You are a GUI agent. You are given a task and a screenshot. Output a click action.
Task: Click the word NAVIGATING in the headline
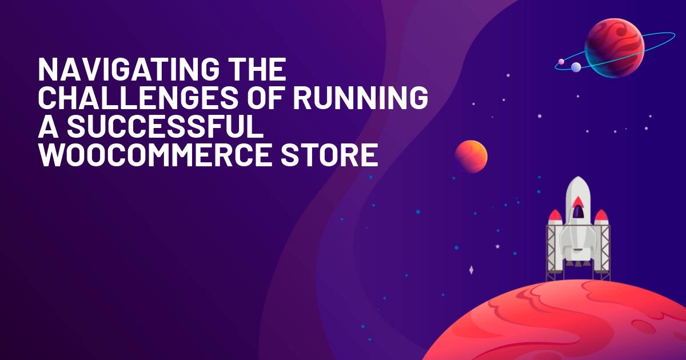[129, 70]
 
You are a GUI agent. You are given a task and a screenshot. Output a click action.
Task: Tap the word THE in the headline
[258, 70]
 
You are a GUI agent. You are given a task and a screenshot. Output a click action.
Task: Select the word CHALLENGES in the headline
[138, 98]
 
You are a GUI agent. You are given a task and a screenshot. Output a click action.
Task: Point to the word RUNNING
[361, 98]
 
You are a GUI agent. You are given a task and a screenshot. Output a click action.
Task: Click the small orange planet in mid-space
[470, 157]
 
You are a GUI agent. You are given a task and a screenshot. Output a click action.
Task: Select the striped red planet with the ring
[615, 48]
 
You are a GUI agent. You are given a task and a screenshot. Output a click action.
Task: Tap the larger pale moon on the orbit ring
[576, 67]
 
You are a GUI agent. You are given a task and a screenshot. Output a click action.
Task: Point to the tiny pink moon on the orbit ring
[561, 62]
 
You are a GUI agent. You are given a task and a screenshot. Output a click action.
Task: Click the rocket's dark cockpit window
[578, 212]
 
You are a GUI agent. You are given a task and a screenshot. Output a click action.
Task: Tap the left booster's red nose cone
[555, 216]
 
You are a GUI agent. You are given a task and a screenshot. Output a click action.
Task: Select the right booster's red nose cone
[601, 216]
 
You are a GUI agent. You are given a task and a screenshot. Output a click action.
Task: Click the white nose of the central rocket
[578, 187]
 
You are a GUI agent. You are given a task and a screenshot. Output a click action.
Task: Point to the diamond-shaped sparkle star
[471, 270]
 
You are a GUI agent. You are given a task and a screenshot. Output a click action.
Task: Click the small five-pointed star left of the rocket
[498, 246]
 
